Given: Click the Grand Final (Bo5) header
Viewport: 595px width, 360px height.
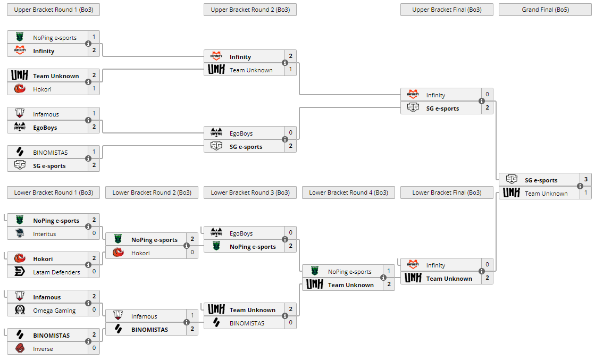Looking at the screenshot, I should tap(545, 10).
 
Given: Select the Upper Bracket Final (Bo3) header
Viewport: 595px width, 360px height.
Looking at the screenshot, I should tap(447, 10).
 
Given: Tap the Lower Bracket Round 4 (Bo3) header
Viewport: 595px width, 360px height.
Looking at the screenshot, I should tap(348, 192).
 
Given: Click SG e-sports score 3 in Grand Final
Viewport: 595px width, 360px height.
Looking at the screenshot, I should tap(585, 180).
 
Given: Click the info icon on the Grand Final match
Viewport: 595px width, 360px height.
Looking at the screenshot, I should tap(580, 187).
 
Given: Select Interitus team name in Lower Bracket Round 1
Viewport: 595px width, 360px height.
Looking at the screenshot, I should tap(44, 234).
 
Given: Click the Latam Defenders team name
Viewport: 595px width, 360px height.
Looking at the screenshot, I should tap(56, 272).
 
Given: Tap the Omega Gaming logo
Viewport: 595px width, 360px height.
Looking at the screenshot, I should tap(20, 311).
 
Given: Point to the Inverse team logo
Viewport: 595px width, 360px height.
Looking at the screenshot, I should tap(20, 349).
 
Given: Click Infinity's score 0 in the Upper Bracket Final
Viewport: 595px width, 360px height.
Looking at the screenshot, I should tap(487, 95).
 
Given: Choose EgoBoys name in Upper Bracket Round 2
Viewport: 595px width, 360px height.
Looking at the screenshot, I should tap(241, 133).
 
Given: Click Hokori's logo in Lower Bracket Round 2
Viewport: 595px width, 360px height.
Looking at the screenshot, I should tap(118, 253).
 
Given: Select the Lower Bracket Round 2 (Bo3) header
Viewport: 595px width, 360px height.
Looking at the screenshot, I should tap(152, 192).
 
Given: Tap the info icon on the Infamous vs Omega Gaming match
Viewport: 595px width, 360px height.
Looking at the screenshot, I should tap(88, 304).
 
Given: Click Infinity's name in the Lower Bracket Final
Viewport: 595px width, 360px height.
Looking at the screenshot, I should tap(435, 265).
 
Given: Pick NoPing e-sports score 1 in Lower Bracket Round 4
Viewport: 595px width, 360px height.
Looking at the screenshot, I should tap(389, 271).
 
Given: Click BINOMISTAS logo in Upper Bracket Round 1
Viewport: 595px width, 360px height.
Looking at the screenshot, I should tap(20, 153).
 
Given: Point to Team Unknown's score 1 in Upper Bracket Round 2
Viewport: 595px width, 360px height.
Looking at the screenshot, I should tap(290, 70).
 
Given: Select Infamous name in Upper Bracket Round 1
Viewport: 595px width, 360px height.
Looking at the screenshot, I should tap(46, 114).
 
